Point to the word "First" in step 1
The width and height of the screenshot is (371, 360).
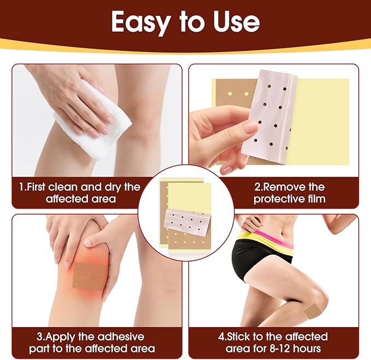click(x=42, y=187)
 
